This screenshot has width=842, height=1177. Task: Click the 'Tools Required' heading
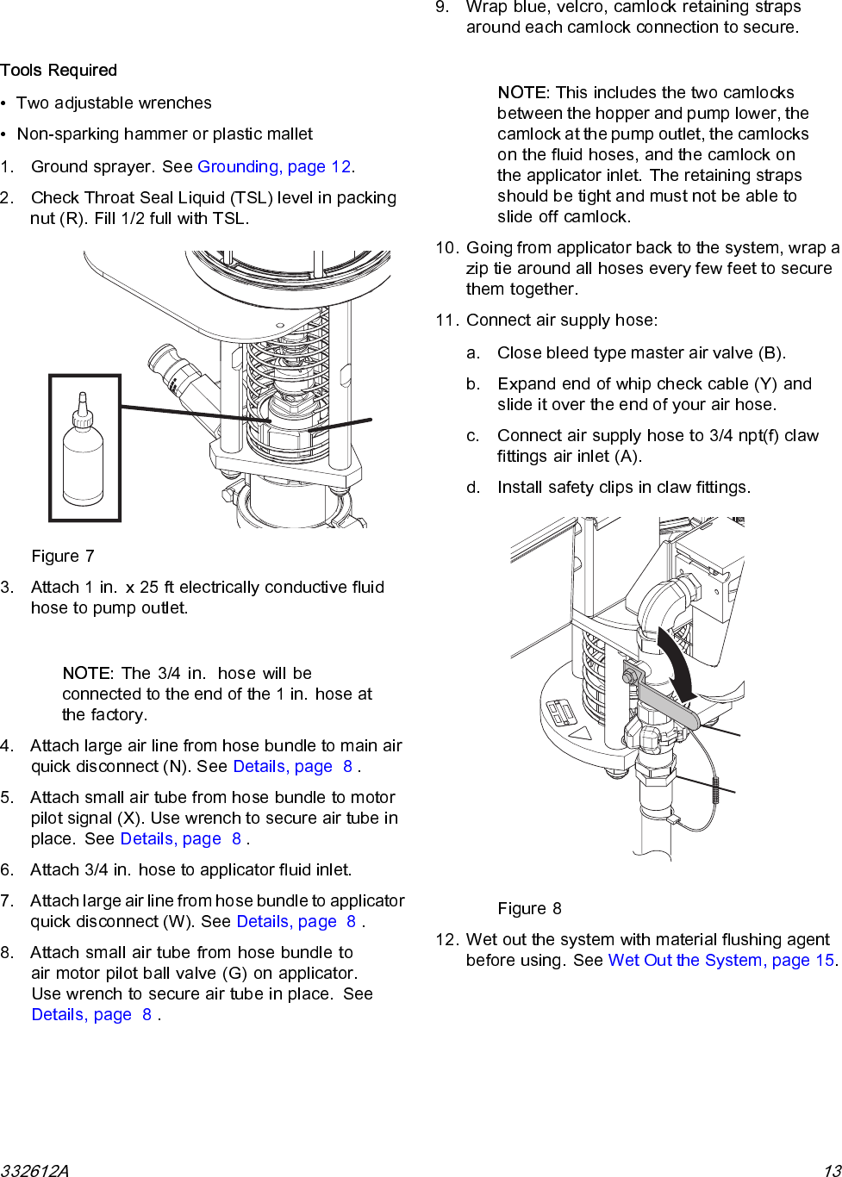click(x=59, y=71)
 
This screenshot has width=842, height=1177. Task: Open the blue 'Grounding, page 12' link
click(x=274, y=167)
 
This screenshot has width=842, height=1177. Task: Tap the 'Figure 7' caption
click(x=63, y=557)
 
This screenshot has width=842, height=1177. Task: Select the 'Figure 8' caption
click(x=529, y=909)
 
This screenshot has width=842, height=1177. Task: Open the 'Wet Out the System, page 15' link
click(x=721, y=961)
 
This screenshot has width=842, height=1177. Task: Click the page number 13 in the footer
click(x=832, y=1170)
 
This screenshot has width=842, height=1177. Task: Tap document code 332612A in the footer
click(x=34, y=1170)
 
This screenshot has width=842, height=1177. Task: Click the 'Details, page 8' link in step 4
click(x=292, y=767)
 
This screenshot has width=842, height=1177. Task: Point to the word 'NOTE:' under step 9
click(x=523, y=93)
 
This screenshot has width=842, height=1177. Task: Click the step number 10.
click(x=446, y=248)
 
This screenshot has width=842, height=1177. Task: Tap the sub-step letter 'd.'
click(x=473, y=488)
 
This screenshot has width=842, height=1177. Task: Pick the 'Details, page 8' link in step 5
click(x=180, y=839)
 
